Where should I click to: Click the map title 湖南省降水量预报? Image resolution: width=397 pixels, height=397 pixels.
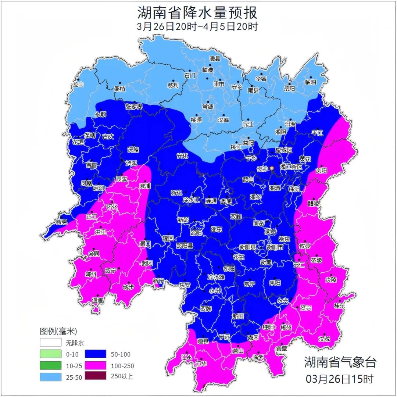coord(197,13)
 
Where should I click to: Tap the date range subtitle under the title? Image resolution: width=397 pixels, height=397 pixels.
coord(197,27)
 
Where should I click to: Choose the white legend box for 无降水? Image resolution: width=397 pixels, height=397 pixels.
coord(51,343)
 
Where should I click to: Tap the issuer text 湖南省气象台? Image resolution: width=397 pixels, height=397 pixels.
coord(340,362)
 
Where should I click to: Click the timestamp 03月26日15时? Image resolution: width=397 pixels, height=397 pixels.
coord(340,378)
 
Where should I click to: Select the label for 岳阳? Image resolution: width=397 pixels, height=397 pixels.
coord(289,89)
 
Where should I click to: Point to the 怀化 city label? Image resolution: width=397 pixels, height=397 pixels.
coord(111,207)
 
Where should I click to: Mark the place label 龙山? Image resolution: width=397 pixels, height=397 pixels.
coord(78,84)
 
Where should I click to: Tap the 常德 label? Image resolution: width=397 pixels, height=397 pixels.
coord(208,107)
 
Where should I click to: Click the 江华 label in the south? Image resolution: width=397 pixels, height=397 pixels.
coord(201,364)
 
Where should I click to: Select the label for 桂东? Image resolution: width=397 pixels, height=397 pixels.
coord(340,305)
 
